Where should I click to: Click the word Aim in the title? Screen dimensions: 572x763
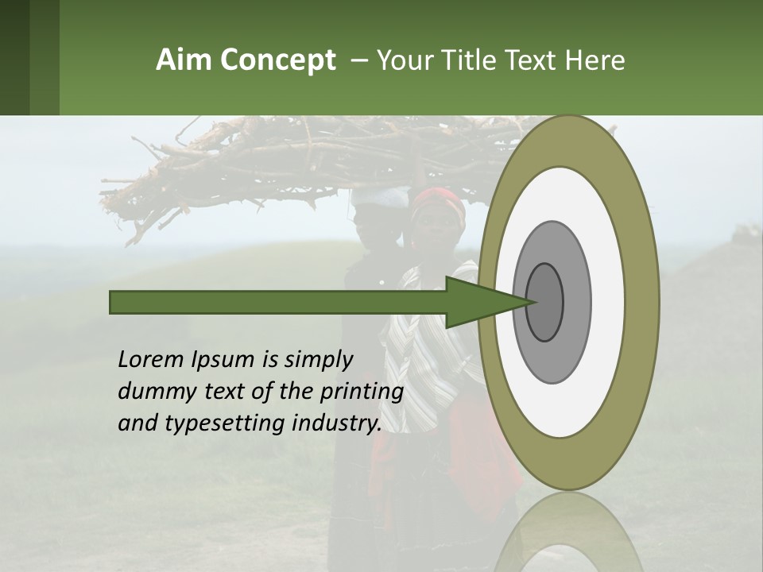tap(183, 60)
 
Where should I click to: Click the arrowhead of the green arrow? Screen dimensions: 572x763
tap(481, 302)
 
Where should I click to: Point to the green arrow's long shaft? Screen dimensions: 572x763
tap(278, 302)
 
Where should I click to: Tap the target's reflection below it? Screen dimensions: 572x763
tap(568, 532)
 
